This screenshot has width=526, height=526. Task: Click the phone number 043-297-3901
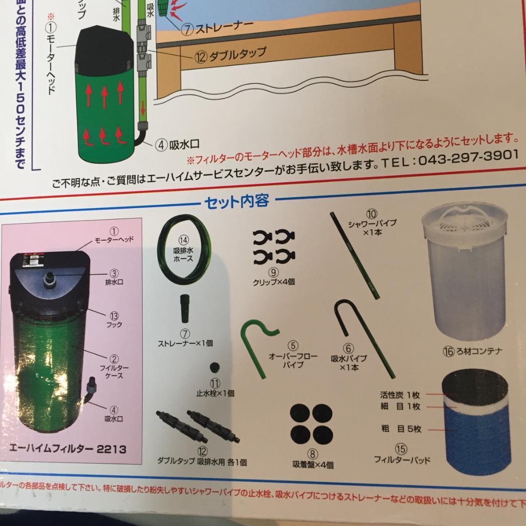click(x=468, y=159)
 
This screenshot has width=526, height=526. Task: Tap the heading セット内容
click(x=237, y=201)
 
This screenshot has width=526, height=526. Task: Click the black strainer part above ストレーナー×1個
click(x=186, y=308)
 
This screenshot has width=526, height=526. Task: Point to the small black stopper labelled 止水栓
click(x=214, y=367)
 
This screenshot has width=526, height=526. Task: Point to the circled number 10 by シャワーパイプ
click(x=372, y=214)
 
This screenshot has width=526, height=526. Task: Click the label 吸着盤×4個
click(x=313, y=465)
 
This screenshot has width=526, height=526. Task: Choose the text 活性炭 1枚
click(x=400, y=395)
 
